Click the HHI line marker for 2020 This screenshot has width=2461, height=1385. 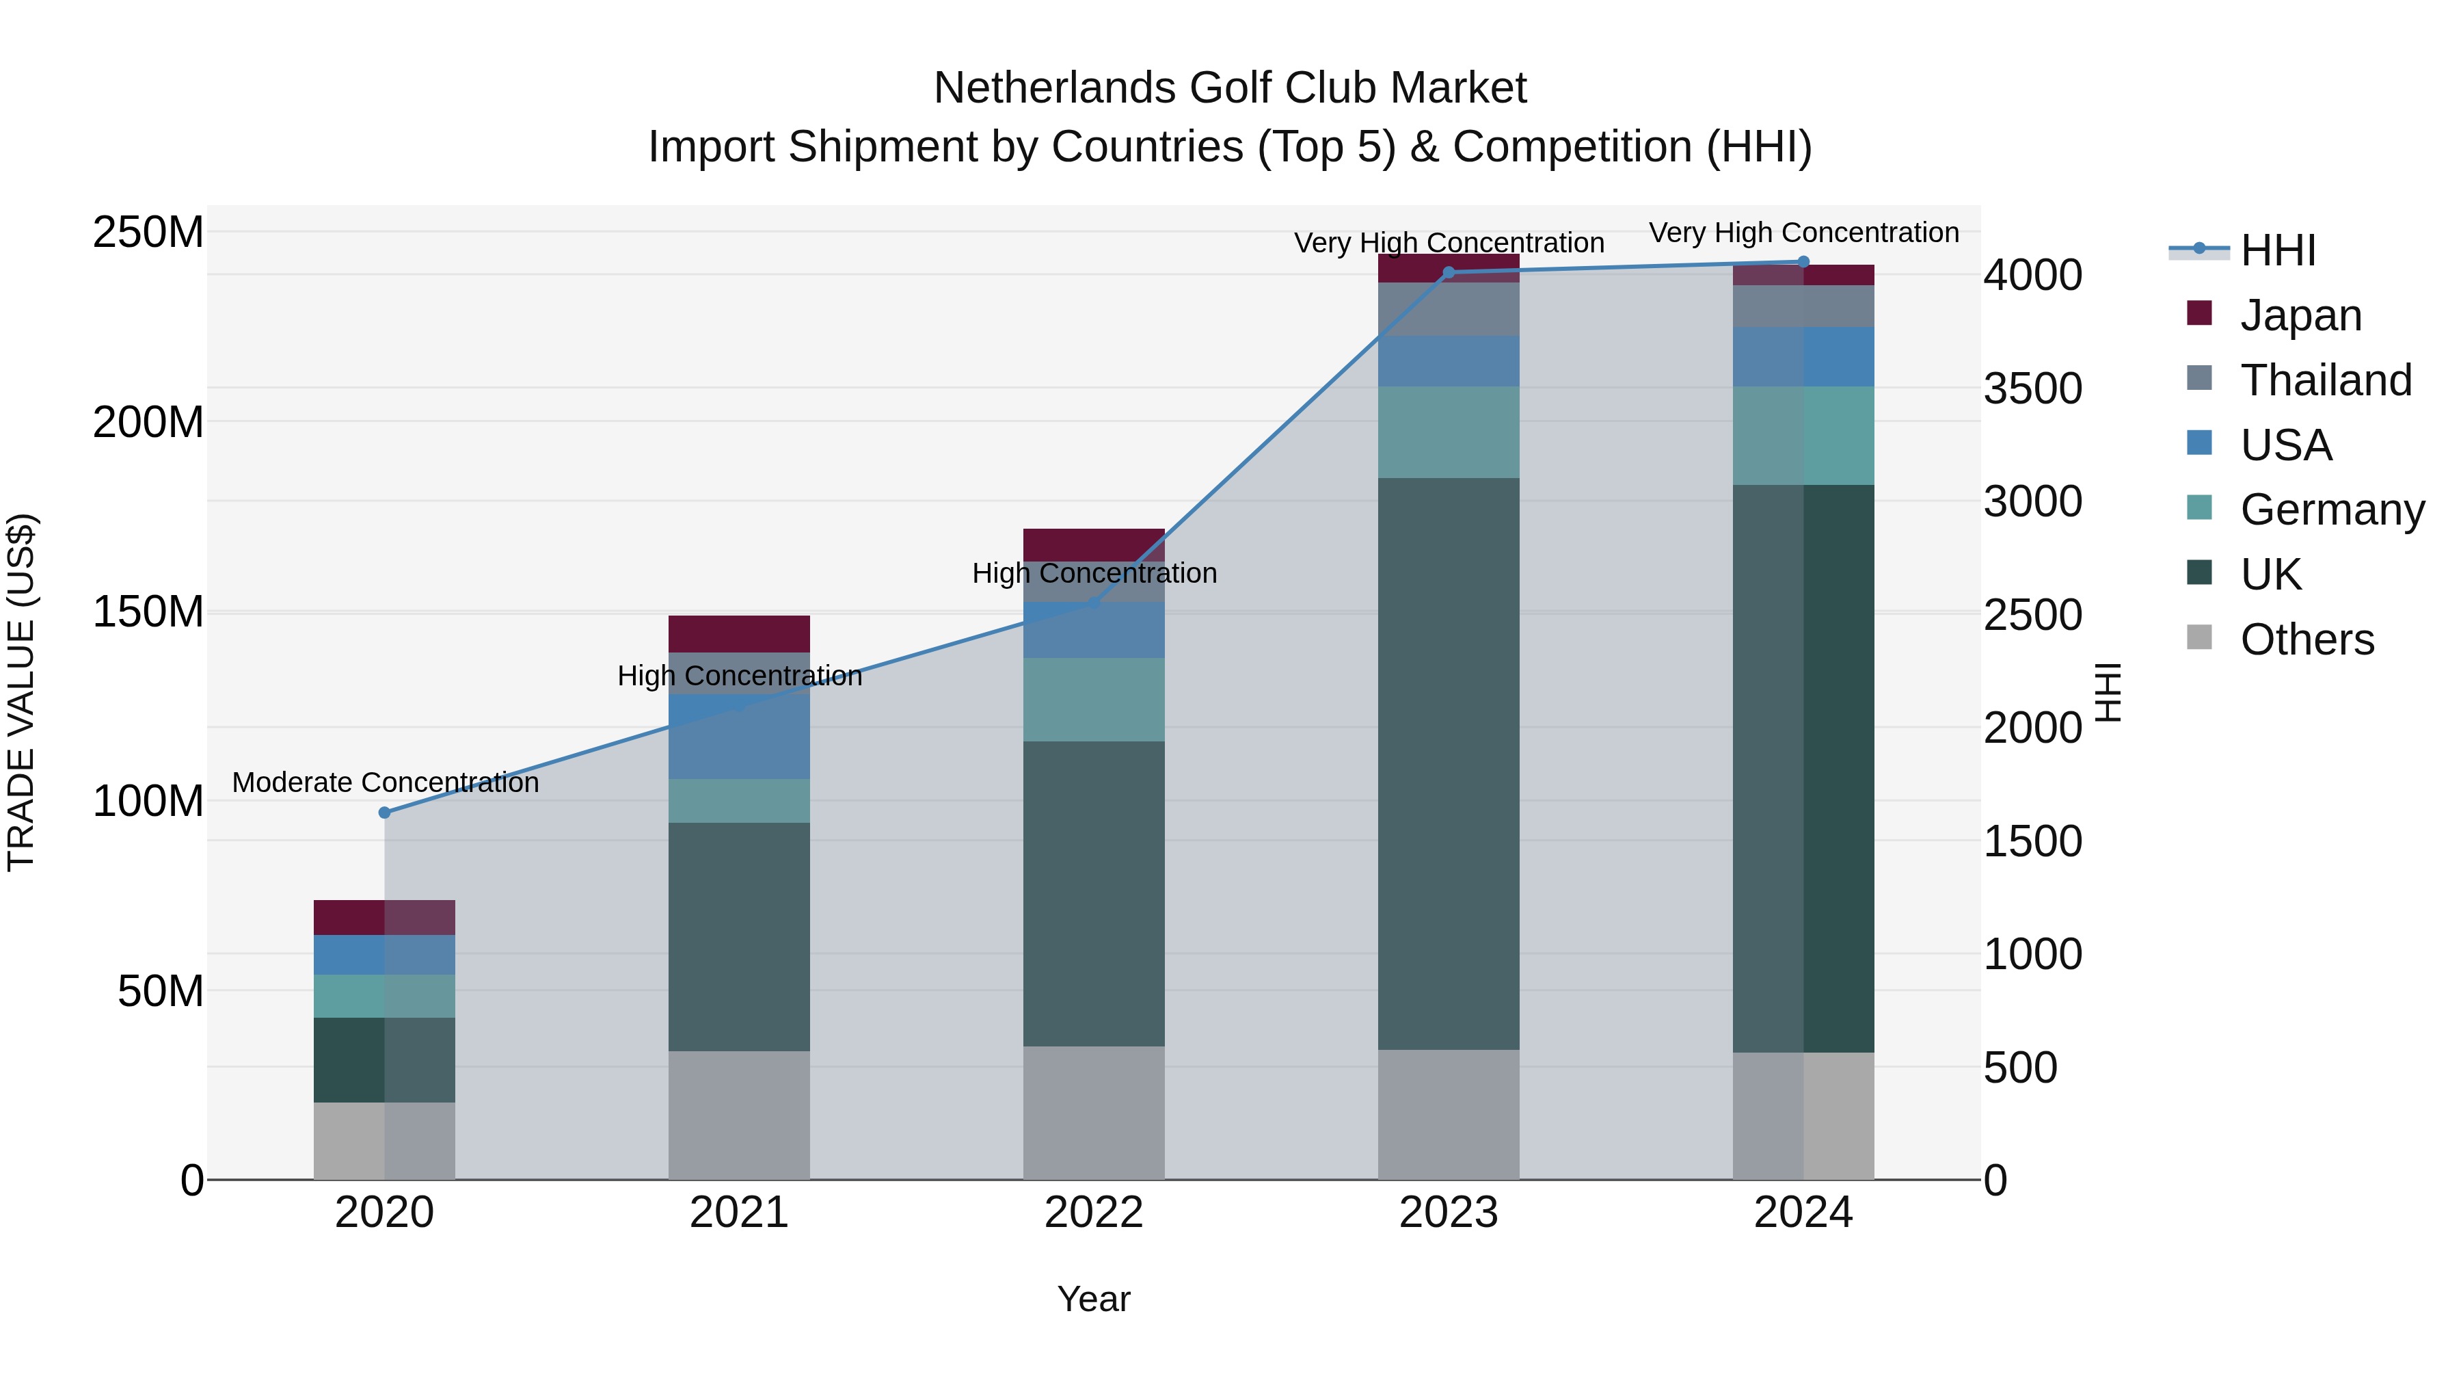pyautogui.click(x=385, y=813)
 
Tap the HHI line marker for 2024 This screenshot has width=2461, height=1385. pyautogui.click(x=1804, y=261)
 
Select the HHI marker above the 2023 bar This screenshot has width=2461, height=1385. pyautogui.click(x=1449, y=272)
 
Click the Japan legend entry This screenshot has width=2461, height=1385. pyautogui.click(x=2300, y=315)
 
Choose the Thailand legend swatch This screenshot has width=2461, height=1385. pyautogui.click(x=2199, y=377)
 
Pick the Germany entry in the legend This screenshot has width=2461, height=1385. pyautogui.click(x=2332, y=510)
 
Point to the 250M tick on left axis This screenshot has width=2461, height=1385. pyautogui.click(x=148, y=233)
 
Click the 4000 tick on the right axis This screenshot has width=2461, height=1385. pyautogui.click(x=2033, y=275)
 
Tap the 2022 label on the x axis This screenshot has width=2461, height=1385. pyautogui.click(x=1094, y=1213)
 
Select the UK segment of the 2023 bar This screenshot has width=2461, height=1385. pyautogui.click(x=1449, y=765)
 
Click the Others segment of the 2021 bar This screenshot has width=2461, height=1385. pyautogui.click(x=740, y=1115)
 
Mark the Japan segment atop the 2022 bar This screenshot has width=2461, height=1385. pyautogui.click(x=1094, y=544)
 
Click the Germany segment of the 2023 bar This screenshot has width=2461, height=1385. pyautogui.click(x=1449, y=432)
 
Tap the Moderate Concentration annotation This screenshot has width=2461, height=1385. pyautogui.click(x=385, y=783)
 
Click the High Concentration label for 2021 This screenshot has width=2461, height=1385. pyautogui.click(x=740, y=676)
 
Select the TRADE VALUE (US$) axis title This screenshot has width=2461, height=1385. pyautogui.click(x=21, y=692)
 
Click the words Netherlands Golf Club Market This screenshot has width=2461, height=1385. pyautogui.click(x=1230, y=88)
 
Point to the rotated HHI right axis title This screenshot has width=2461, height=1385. pyautogui.click(x=2107, y=692)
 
